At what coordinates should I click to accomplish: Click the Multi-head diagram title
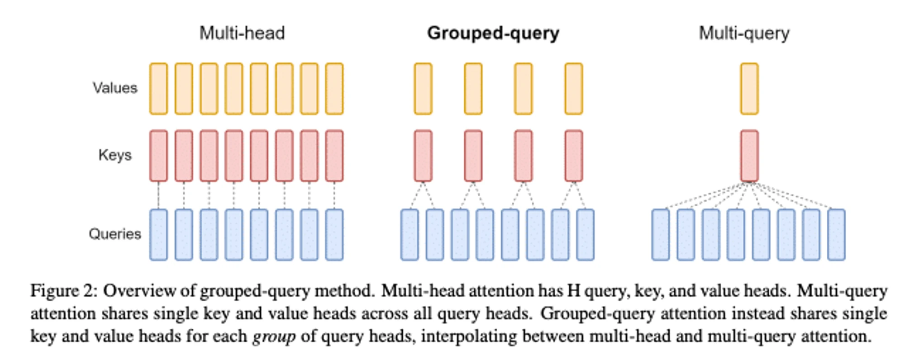pyautogui.click(x=242, y=33)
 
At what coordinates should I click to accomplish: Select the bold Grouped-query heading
pyautogui.click(x=493, y=33)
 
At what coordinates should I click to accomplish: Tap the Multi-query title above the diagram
pyautogui.click(x=744, y=33)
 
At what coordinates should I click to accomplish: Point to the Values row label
pyautogui.click(x=115, y=88)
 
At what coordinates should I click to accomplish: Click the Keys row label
pyautogui.click(x=115, y=155)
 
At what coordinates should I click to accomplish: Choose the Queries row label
pyautogui.click(x=115, y=234)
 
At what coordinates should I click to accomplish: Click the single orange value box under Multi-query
pyautogui.click(x=749, y=89)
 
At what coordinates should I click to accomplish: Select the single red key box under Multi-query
pyautogui.click(x=749, y=156)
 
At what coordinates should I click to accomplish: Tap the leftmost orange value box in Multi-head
pyautogui.click(x=158, y=89)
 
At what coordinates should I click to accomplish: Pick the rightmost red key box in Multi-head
pyautogui.click(x=334, y=156)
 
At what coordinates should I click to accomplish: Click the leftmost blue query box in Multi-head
pyautogui.click(x=158, y=235)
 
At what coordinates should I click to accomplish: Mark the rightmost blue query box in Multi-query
pyautogui.click(x=836, y=235)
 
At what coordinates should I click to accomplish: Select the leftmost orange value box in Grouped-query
pyautogui.click(x=423, y=89)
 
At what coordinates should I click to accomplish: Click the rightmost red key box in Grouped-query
pyautogui.click(x=574, y=156)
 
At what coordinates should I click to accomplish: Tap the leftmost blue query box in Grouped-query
pyautogui.click(x=410, y=235)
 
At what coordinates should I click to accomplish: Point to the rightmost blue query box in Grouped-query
pyautogui.click(x=585, y=235)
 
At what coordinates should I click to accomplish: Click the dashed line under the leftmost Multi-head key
pyautogui.click(x=158, y=195)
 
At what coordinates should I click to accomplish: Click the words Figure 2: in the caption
pyautogui.click(x=64, y=291)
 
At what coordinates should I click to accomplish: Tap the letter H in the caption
pyautogui.click(x=573, y=290)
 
